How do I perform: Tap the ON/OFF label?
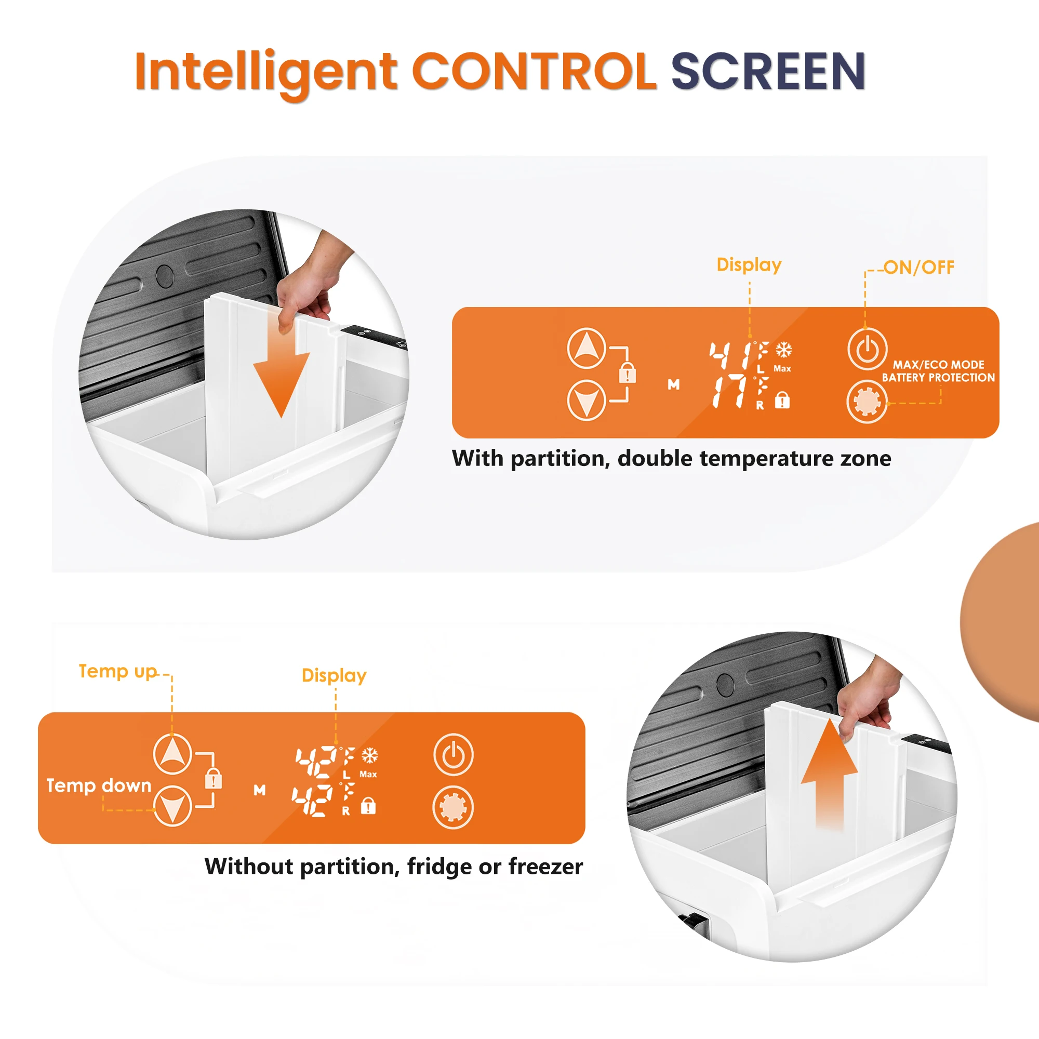click(919, 267)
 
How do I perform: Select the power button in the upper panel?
click(867, 349)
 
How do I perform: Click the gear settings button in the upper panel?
click(867, 402)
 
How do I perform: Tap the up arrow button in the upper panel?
click(586, 348)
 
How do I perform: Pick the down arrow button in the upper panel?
click(586, 400)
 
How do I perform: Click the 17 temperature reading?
click(730, 392)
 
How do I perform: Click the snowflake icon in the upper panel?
click(783, 350)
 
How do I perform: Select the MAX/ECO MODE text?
click(938, 365)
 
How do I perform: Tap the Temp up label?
click(118, 672)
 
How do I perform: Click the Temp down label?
click(99, 785)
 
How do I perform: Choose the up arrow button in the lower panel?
click(172, 753)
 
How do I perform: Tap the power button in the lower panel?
click(454, 754)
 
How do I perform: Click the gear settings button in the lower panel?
click(454, 807)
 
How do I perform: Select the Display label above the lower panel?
click(334, 676)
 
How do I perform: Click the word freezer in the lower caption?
click(545, 867)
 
